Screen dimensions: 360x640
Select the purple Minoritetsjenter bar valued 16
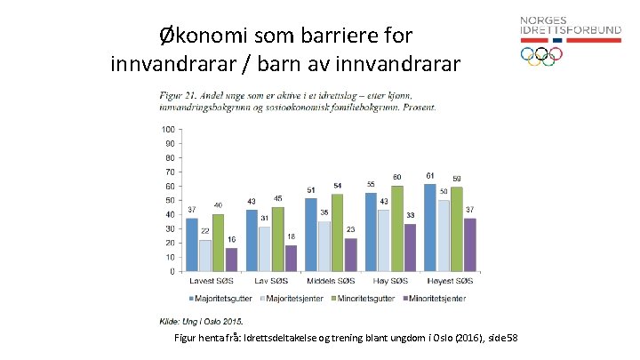[231, 260]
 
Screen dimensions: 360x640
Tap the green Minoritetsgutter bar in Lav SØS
[278, 239]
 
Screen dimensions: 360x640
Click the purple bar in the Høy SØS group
[409, 248]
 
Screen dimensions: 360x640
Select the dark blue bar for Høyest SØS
[430, 228]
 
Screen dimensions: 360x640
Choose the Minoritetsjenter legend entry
[436, 299]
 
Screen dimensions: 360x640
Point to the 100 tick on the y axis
[168, 130]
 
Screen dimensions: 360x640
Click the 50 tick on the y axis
[170, 201]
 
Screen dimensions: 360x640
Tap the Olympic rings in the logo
[541, 55]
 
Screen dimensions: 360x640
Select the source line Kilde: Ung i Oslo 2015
[201, 321]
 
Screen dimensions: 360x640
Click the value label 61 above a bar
[430, 175]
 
